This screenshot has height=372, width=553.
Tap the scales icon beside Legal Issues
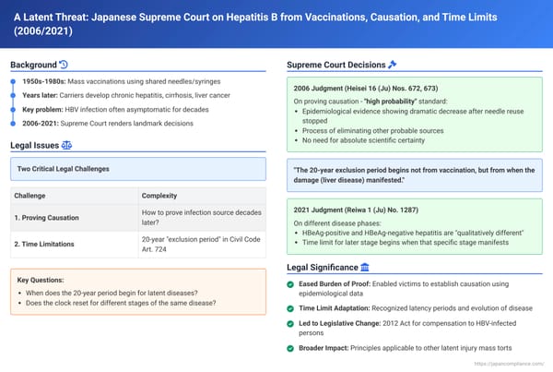[x=66, y=145]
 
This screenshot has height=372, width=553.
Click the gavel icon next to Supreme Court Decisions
[x=393, y=65]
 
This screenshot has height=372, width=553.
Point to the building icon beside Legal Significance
[x=366, y=268]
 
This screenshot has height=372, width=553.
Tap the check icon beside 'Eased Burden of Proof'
[x=291, y=284]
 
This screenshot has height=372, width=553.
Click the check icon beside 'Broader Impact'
[x=291, y=348]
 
